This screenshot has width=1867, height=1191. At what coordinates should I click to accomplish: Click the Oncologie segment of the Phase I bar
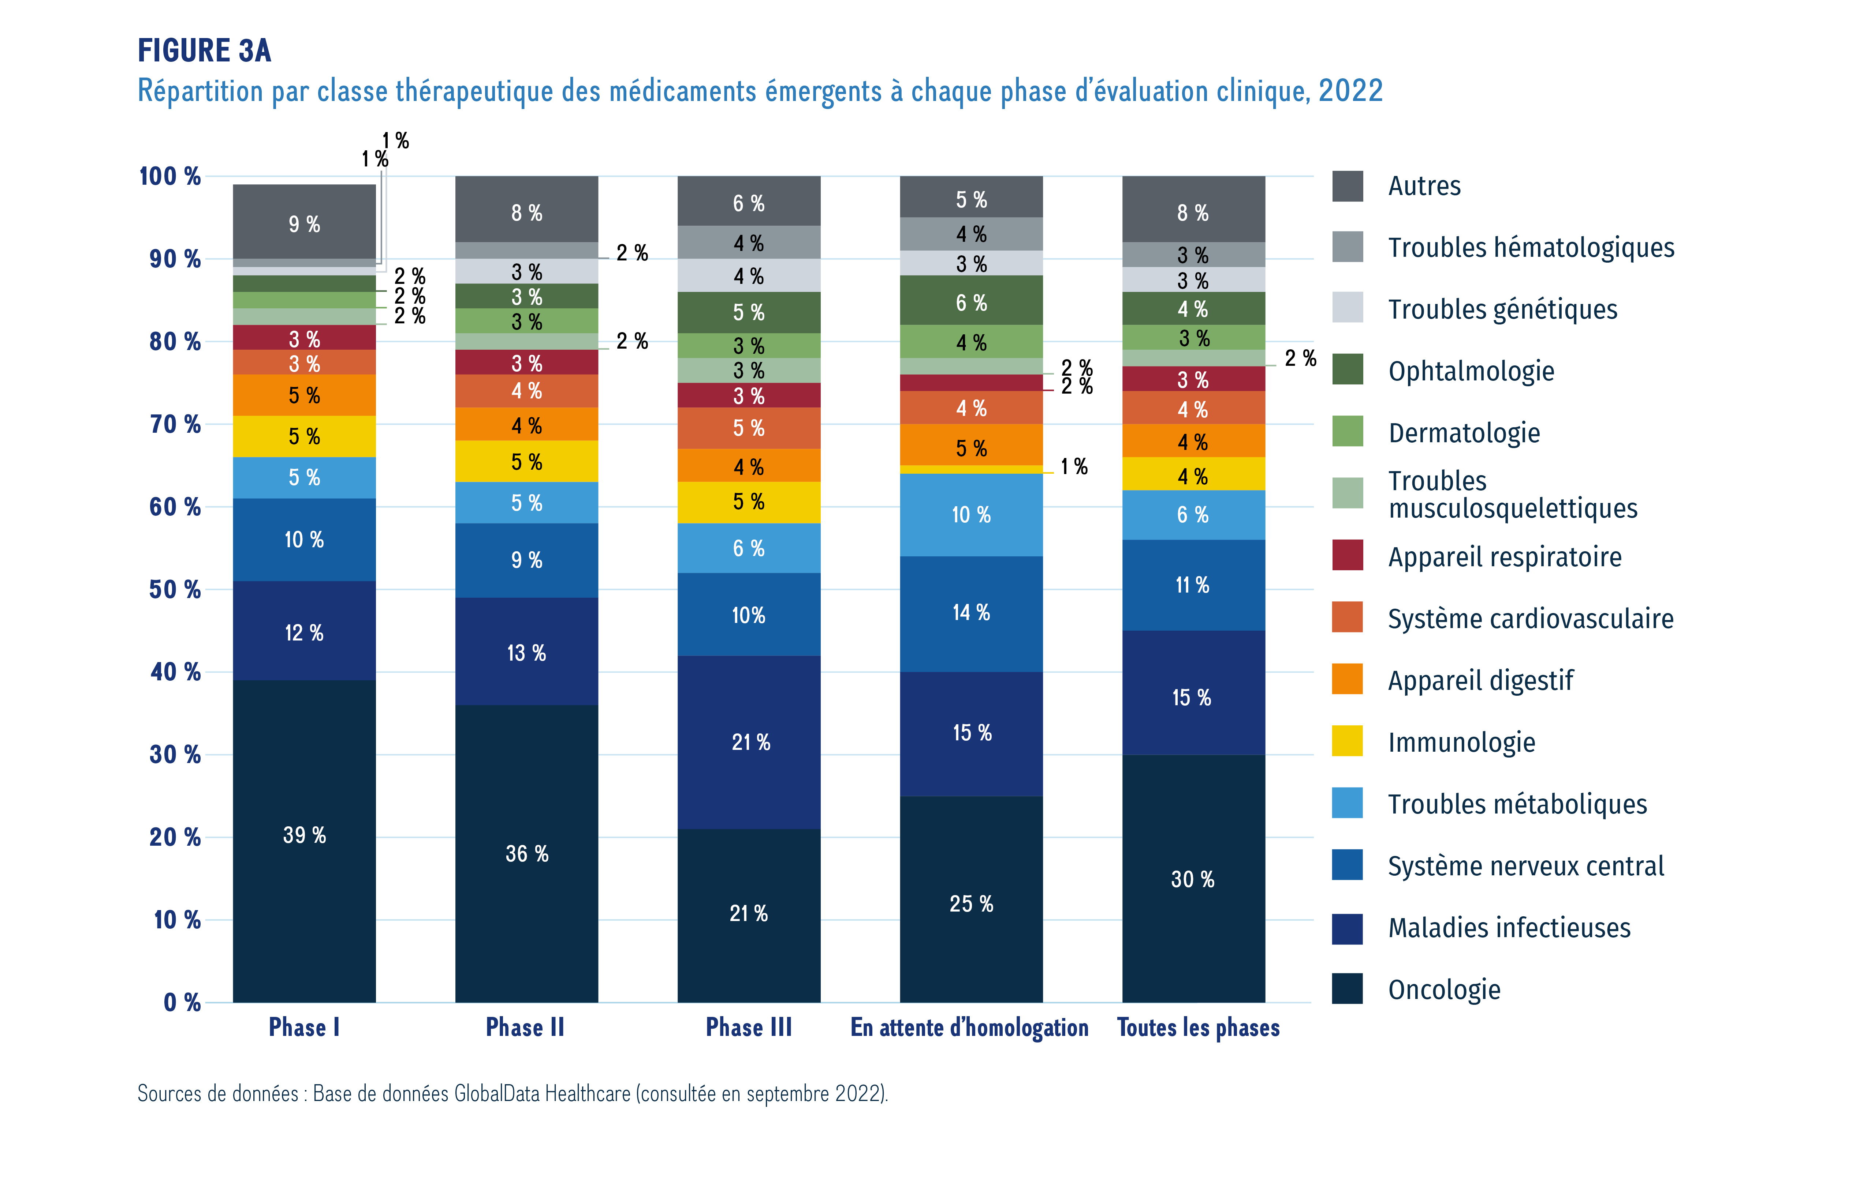304,841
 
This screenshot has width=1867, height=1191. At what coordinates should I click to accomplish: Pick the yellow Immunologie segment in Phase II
526,462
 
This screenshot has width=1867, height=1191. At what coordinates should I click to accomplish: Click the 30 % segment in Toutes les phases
1193,879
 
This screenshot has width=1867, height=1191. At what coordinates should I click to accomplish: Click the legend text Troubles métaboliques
1517,804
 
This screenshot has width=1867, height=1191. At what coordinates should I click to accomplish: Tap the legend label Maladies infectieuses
1509,928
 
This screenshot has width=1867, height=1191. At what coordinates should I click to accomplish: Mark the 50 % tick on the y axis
175,590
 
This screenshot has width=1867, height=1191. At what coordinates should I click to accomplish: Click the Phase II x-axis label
525,1027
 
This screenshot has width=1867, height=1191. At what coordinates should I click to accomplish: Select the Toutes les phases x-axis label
1198,1027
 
